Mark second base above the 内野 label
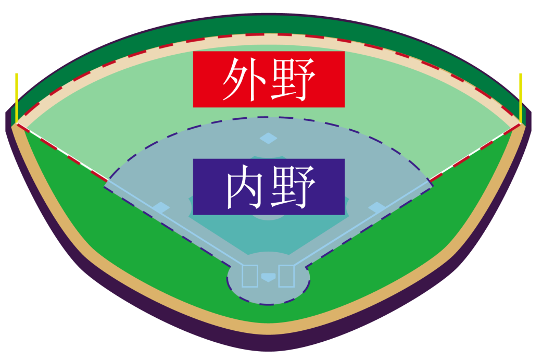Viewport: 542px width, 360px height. point(268,138)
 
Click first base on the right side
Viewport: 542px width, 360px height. point(377,208)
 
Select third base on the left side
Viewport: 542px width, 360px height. point(161,208)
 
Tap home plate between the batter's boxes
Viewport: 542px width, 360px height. point(268,277)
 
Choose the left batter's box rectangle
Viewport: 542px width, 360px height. point(250,276)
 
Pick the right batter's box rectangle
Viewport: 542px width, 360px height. point(286,276)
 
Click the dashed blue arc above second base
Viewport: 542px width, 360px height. point(269,117)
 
